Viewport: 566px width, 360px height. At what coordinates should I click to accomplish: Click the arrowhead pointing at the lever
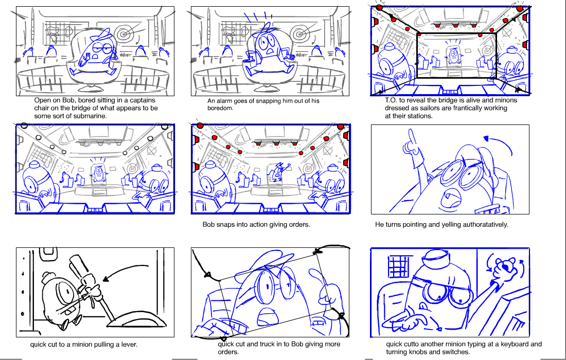pos(106,279)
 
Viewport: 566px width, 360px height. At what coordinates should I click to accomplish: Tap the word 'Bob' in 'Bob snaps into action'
pos(208,224)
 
